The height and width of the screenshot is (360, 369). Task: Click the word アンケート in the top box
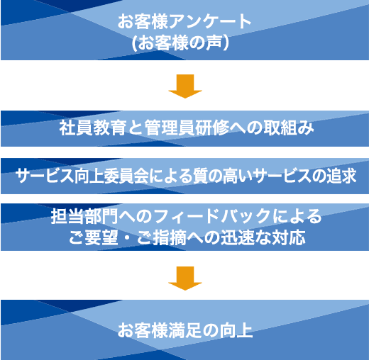[x=210, y=21]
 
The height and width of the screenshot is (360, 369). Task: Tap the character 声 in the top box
[x=214, y=43]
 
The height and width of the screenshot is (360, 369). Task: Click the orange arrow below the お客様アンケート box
[x=185, y=86]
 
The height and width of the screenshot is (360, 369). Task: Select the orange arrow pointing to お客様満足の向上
[x=185, y=279]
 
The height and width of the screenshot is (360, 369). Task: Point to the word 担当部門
[x=84, y=216]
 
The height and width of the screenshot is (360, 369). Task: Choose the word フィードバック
[x=212, y=216]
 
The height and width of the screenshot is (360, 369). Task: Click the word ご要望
[x=93, y=237]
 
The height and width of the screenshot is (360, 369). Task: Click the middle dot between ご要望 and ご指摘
[x=128, y=237]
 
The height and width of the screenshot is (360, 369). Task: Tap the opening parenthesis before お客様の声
[x=134, y=43]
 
